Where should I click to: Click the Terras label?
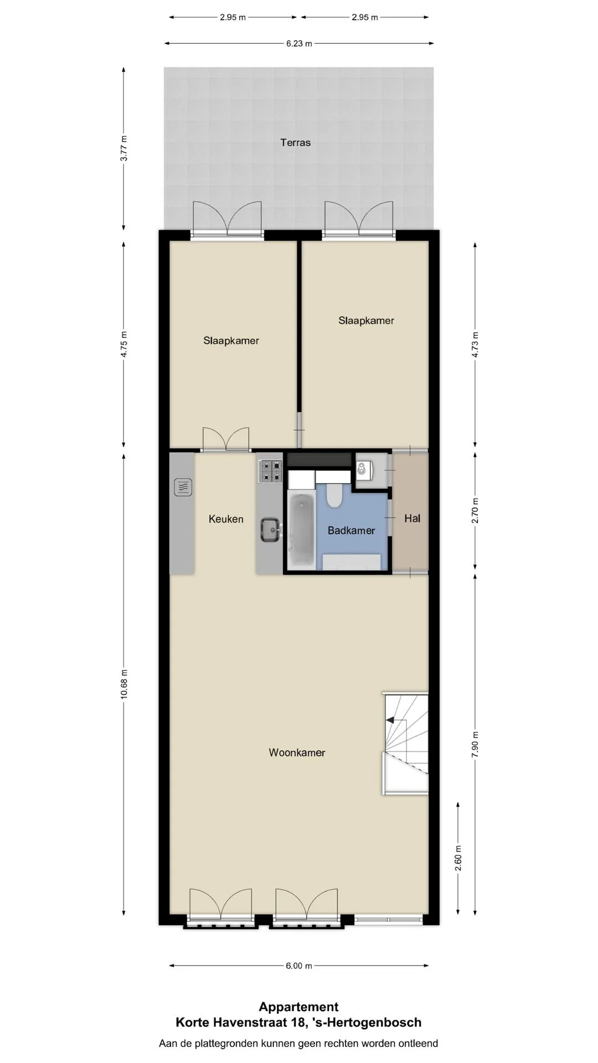(x=295, y=142)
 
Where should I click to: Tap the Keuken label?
(x=226, y=519)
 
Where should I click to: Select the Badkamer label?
(x=351, y=530)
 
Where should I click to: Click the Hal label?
(x=413, y=518)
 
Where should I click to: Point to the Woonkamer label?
(x=297, y=752)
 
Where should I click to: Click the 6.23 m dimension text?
(x=299, y=44)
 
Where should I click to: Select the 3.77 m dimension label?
(x=124, y=148)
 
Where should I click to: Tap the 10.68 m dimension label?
(x=124, y=684)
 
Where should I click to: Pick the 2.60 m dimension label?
(x=458, y=858)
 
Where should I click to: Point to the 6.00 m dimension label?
(x=299, y=966)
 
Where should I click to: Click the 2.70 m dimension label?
(x=475, y=511)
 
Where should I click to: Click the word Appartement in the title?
(x=298, y=1007)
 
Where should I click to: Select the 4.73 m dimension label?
(x=475, y=344)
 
